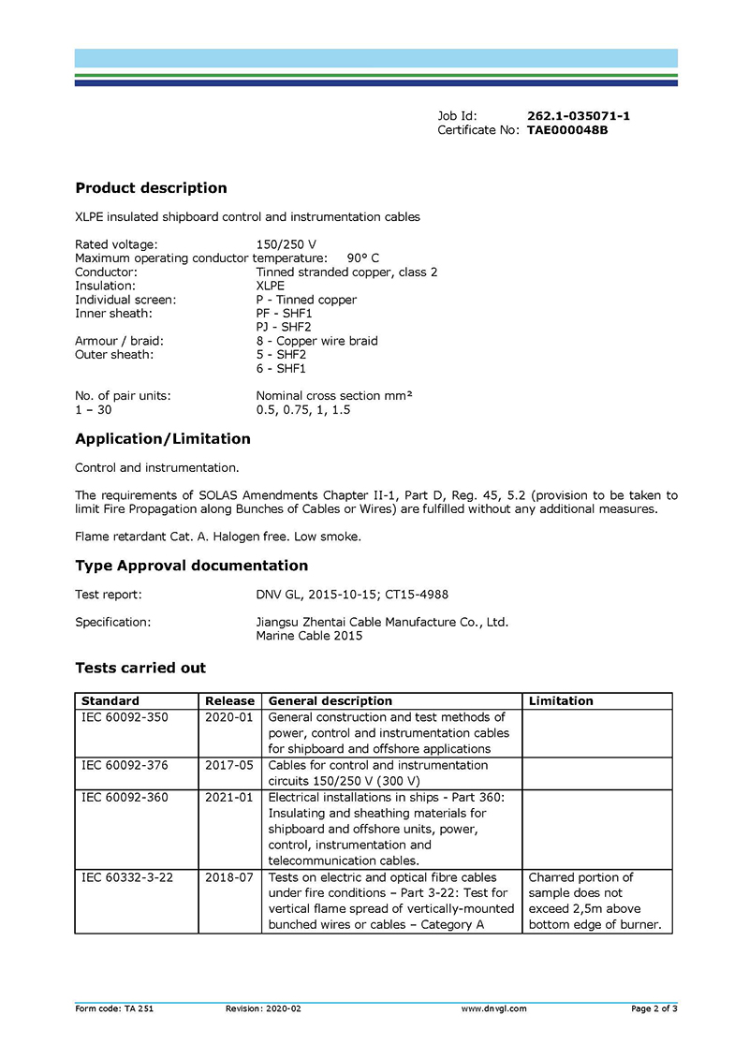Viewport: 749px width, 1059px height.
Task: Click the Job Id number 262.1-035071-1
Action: click(578, 116)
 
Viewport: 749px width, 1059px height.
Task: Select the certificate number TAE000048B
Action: click(567, 130)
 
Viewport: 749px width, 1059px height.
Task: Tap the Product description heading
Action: click(151, 188)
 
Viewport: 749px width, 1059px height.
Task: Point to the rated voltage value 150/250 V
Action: click(286, 244)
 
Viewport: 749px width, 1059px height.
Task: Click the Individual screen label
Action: click(125, 300)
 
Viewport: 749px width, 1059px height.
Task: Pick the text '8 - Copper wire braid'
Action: click(316, 341)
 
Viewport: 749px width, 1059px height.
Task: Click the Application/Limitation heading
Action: click(163, 439)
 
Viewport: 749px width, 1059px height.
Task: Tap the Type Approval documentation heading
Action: click(191, 566)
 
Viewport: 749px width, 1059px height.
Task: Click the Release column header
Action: click(229, 700)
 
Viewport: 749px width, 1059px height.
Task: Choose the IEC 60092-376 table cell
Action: click(125, 765)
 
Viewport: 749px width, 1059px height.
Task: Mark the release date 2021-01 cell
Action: click(229, 798)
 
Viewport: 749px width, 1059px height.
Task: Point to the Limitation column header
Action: click(561, 700)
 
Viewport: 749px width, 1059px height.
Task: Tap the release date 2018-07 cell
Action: click(229, 877)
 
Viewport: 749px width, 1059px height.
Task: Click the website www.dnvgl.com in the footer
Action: click(494, 1008)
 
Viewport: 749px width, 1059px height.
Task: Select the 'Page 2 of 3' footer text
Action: click(654, 1008)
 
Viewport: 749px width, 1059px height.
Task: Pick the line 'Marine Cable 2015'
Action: click(309, 636)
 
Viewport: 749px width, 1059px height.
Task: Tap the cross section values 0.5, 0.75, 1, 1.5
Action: click(303, 410)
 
